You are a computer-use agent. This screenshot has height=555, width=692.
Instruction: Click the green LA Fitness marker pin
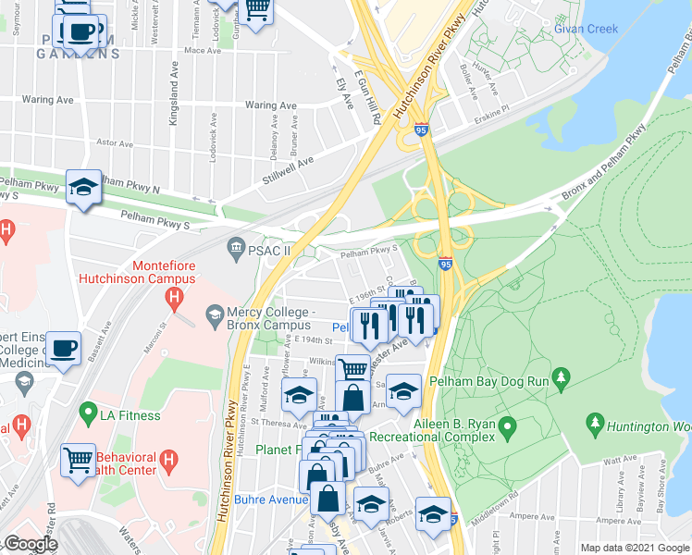[x=89, y=411]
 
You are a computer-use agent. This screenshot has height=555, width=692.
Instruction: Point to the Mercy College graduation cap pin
[x=215, y=315]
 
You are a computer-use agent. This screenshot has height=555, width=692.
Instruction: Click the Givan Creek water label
[x=586, y=29]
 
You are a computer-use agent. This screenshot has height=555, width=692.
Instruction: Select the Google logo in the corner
[x=30, y=544]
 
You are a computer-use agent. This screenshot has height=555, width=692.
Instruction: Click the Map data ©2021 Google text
[x=635, y=548]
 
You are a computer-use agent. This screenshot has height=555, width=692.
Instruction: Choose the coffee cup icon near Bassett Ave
[x=63, y=349]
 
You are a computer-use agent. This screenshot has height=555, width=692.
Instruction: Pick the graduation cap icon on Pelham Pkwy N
[x=82, y=188]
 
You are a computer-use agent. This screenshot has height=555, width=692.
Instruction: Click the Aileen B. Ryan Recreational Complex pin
[x=506, y=427]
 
